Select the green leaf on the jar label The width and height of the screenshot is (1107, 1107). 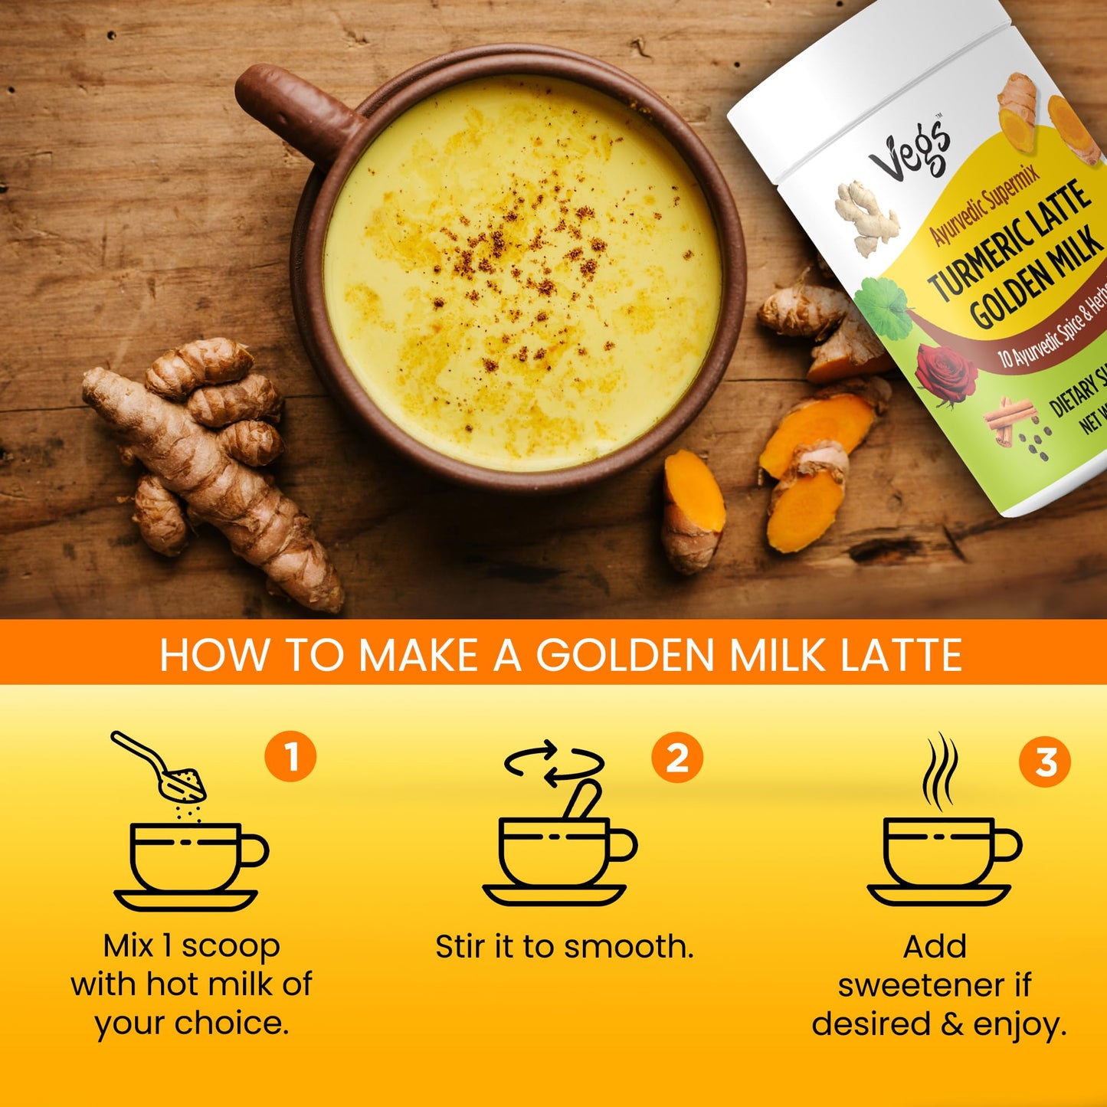pos(884,306)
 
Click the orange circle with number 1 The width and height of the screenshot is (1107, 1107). pos(290,757)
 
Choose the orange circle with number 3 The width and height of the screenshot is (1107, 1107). pos(1045,761)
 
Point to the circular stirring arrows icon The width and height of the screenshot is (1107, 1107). pos(553,763)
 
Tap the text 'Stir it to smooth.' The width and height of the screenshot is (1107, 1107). pos(564,947)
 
